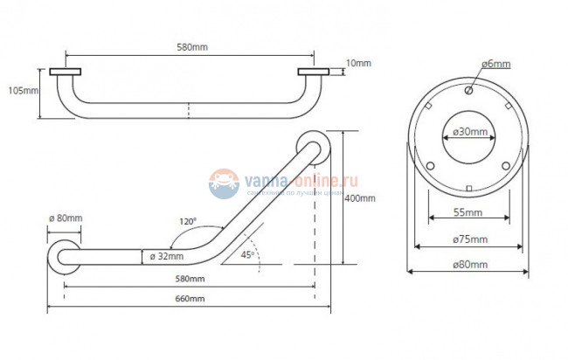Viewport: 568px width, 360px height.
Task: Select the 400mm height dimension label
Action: [361, 198]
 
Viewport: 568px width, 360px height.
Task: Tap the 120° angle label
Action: [188, 222]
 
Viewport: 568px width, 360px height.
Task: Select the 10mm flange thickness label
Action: [357, 63]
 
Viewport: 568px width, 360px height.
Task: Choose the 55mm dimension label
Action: [468, 212]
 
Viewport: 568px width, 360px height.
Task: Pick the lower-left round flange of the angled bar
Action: [66, 256]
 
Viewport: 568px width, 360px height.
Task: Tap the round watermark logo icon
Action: [225, 183]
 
